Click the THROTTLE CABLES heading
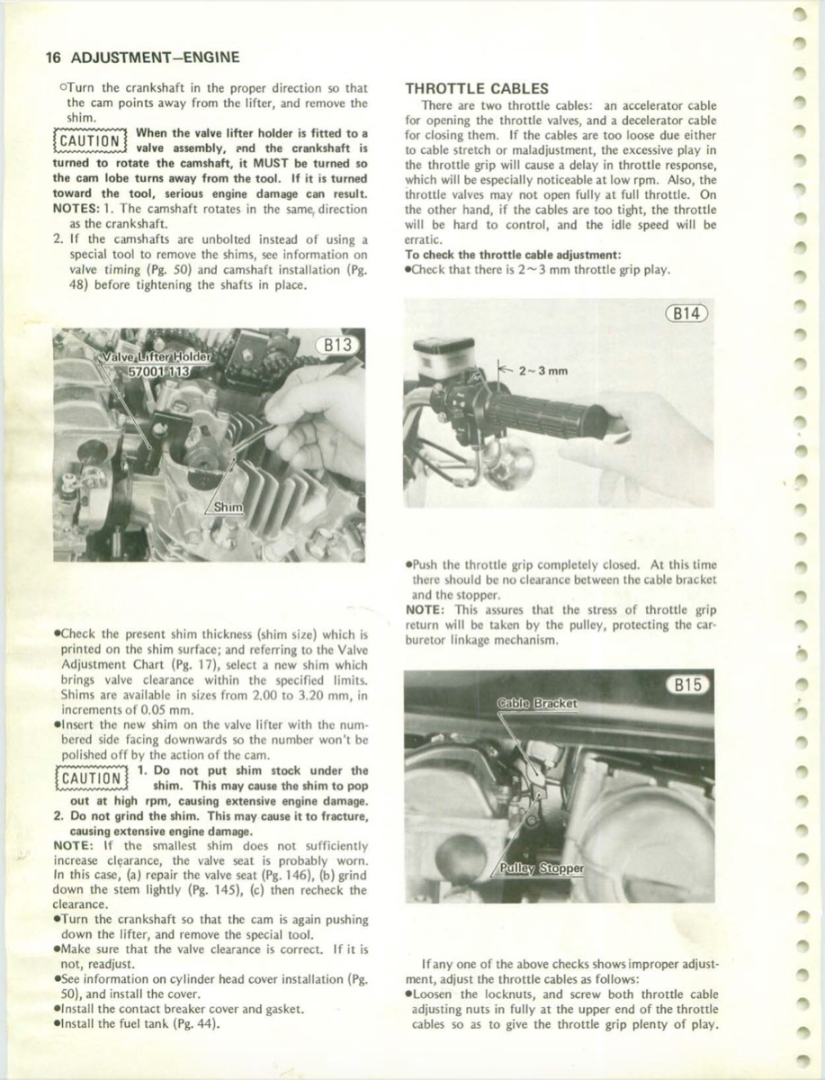[477, 88]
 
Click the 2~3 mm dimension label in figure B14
[543, 370]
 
